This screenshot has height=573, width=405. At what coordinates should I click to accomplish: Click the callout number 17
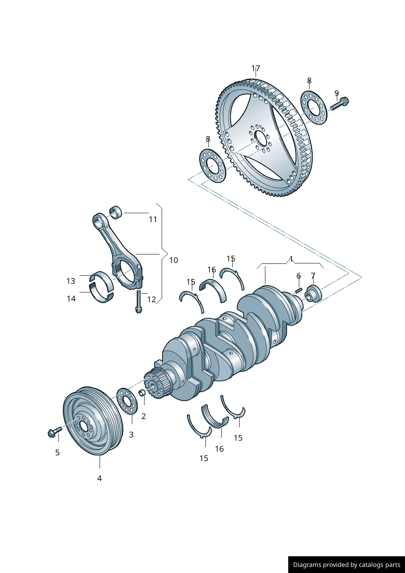[256, 68]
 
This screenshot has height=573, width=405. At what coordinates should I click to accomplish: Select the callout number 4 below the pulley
[99, 478]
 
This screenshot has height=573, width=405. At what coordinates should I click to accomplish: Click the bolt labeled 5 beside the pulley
[54, 432]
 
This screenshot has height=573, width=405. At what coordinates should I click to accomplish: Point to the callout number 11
[153, 219]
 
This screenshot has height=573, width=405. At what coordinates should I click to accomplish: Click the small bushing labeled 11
[116, 212]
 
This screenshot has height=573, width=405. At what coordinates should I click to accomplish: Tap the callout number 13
[71, 281]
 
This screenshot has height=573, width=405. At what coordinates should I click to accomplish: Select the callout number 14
[71, 299]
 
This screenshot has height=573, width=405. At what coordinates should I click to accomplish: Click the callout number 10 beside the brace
[174, 260]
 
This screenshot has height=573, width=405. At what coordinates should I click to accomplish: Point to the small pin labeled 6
[298, 290]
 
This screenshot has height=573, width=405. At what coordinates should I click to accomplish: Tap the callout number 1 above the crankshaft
[291, 259]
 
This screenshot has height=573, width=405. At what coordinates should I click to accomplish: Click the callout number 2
[143, 416]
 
